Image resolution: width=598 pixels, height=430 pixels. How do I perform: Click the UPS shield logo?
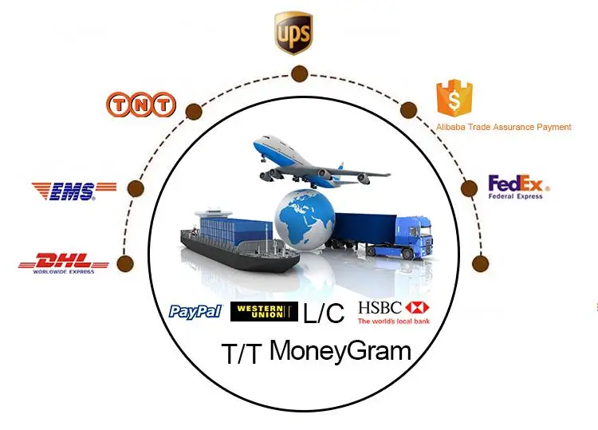pyautogui.click(x=294, y=33)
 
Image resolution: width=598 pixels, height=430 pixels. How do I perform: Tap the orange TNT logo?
pyautogui.click(x=141, y=105)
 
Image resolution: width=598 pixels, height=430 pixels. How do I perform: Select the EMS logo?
pyautogui.click(x=73, y=190)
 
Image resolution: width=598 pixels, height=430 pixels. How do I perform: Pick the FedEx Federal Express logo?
pyautogui.click(x=515, y=187)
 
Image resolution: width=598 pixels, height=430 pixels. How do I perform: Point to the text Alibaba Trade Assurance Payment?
pyautogui.click(x=503, y=127)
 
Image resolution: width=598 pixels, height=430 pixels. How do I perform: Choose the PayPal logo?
pyautogui.click(x=195, y=311)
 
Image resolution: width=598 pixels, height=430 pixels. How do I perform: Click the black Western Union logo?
pyautogui.click(x=264, y=312)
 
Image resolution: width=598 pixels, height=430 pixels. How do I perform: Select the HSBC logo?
pyautogui.click(x=394, y=312)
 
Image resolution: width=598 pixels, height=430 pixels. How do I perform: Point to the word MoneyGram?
pyautogui.click(x=340, y=350)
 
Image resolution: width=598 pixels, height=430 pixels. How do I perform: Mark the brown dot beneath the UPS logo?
pyautogui.click(x=299, y=75)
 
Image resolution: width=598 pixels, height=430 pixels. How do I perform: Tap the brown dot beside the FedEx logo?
pyautogui.click(x=469, y=189)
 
